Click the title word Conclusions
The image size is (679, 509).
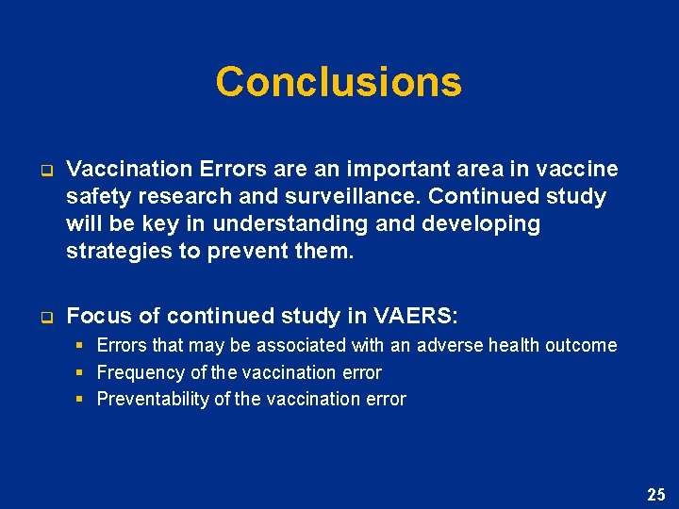click(x=339, y=82)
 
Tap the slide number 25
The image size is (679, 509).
click(x=655, y=494)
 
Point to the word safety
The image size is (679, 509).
click(x=96, y=197)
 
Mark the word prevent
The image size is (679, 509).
click(x=249, y=252)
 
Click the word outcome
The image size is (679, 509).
click(x=580, y=346)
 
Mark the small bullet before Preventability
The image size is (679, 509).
click(x=80, y=399)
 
